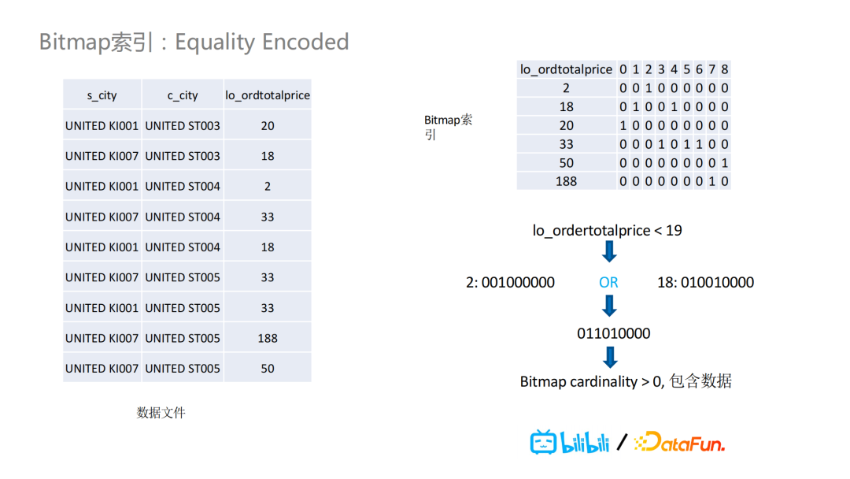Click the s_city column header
[102, 95]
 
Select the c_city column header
[183, 95]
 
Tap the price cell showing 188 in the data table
[268, 339]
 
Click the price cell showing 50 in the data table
[268, 369]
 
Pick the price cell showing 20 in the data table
[268, 126]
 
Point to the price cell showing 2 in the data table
[268, 187]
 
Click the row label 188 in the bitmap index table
[566, 181]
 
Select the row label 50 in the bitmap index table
[566, 163]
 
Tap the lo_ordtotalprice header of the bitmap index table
[566, 69]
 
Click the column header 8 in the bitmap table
[724, 69]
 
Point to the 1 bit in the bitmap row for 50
[725, 163]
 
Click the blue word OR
[608, 283]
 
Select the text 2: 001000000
[510, 283]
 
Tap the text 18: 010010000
[705, 283]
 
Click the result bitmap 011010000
[614, 333]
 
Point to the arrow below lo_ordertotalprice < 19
[609, 251]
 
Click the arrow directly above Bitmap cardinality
[610, 358]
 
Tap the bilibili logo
[570, 442]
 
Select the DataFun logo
[680, 442]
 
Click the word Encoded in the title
[305, 42]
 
